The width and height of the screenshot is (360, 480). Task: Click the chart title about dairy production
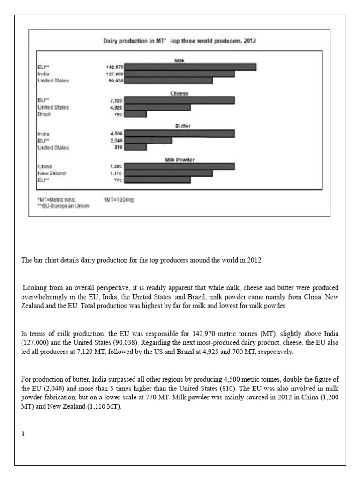(180, 41)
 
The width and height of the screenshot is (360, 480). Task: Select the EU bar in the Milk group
(190, 67)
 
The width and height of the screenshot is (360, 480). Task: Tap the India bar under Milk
(180, 74)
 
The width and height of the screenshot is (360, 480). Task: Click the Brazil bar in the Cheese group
(135, 114)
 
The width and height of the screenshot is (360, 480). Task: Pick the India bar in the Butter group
(180, 134)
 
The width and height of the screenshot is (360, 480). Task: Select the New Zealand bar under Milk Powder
(169, 173)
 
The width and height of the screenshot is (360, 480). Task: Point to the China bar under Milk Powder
(180, 166)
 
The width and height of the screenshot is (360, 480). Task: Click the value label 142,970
(115, 67)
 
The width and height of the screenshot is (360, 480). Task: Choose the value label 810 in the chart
(118, 147)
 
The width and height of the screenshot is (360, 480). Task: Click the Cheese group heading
(180, 94)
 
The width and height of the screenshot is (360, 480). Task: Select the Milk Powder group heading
(180, 160)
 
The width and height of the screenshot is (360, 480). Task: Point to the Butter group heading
(180, 127)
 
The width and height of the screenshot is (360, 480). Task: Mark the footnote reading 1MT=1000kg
(119, 199)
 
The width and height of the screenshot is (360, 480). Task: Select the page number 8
(23, 434)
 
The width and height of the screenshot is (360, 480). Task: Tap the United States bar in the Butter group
(135, 147)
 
